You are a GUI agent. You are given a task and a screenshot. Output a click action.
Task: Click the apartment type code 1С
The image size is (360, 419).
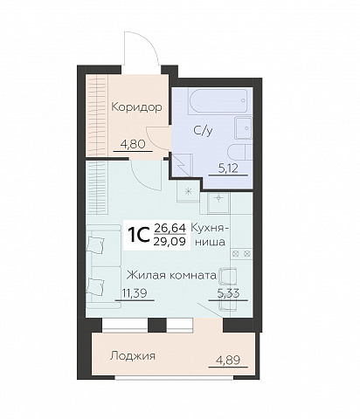coord(138,234)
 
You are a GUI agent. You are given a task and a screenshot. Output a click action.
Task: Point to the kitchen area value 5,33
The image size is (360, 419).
coord(228,294)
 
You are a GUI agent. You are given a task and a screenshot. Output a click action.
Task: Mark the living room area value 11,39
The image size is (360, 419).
coord(133,294)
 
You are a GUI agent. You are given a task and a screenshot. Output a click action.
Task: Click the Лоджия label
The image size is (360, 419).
coord(133,356)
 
